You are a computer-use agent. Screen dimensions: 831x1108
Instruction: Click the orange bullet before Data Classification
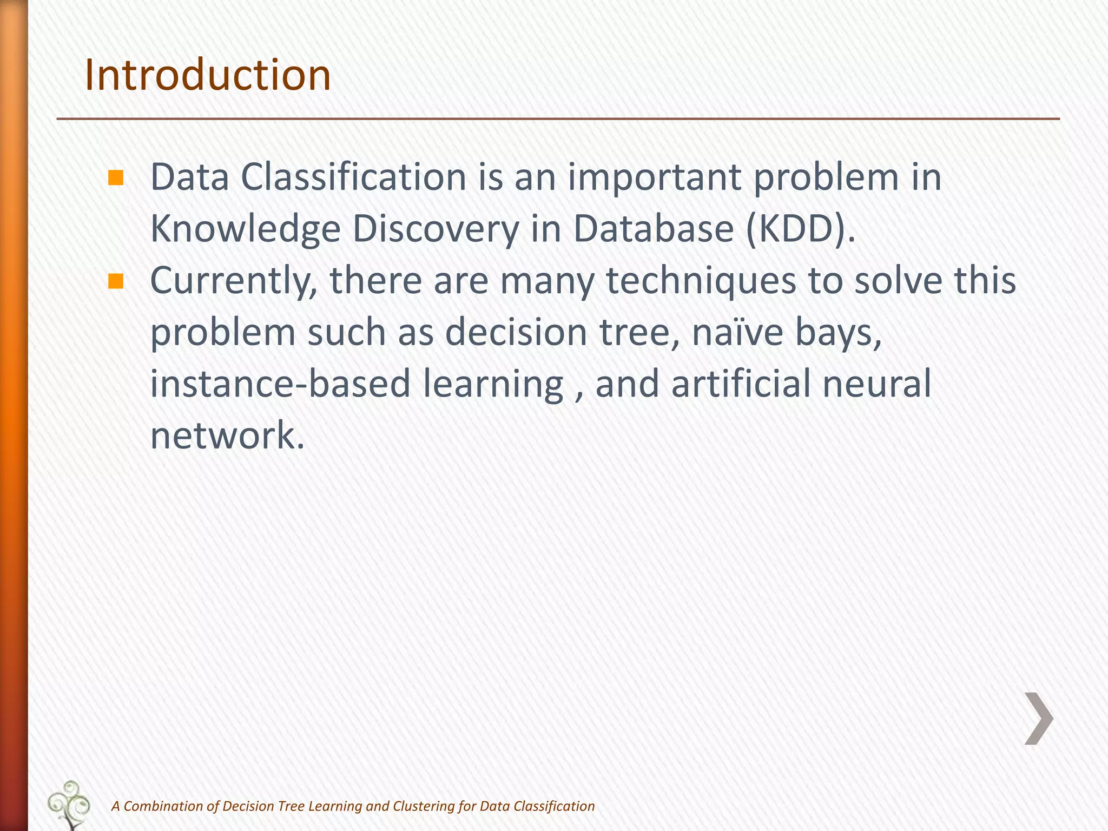coord(116,178)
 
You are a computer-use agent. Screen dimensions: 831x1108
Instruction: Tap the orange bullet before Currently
coord(116,281)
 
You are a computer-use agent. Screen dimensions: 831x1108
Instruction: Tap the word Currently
coord(233,281)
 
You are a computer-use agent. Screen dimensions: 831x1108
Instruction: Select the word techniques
coord(701,281)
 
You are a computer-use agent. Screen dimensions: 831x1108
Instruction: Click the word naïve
coord(737,332)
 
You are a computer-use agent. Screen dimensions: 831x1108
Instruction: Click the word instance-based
coord(280,384)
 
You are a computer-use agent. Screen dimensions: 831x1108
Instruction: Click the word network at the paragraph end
coord(227,435)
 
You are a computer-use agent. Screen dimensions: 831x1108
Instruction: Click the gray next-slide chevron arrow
coord(1039,718)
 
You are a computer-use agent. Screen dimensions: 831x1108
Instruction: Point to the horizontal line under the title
coord(557,118)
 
